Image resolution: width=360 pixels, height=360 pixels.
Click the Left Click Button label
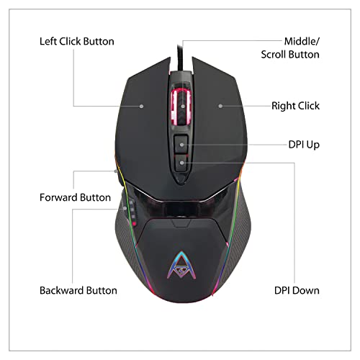pos(77,41)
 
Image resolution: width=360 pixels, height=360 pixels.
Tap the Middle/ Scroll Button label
pos(290,48)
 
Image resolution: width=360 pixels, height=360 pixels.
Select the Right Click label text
pos(295,106)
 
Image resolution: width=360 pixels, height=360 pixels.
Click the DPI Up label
pos(304,145)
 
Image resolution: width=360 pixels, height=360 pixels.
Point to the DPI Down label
pos(297,290)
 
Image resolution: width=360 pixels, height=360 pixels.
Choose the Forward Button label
pos(75,197)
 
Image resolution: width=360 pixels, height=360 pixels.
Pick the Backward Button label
pos(78,290)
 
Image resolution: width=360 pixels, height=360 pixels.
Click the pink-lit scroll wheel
pos(181,107)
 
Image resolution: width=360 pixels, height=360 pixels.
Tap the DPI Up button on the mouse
pos(181,144)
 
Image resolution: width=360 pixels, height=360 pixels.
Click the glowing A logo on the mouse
pos(181,266)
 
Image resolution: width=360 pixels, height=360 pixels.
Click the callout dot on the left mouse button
pos(142,106)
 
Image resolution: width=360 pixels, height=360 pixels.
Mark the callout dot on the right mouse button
pos(220,106)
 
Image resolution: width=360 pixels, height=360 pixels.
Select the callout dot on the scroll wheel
pos(183,106)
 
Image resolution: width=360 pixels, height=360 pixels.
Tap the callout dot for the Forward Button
pos(116,171)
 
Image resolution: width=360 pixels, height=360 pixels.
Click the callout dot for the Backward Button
pos(125,209)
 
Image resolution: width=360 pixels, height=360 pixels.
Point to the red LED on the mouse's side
pos(134,224)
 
